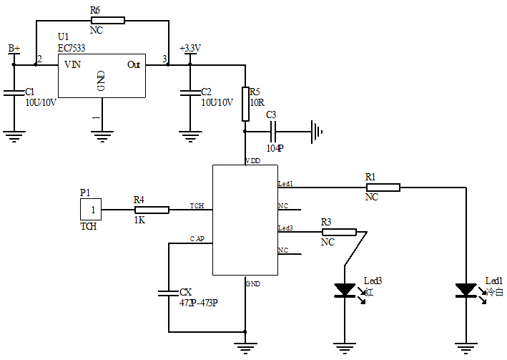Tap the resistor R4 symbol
tap(152, 210)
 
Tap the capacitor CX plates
tap(169, 292)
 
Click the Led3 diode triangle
tap(345, 290)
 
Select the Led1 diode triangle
tap(466, 290)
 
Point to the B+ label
tap(14, 48)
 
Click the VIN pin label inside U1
tap(72, 64)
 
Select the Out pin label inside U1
tap(134, 64)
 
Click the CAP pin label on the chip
tap(197, 238)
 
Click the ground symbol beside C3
tap(317, 132)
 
